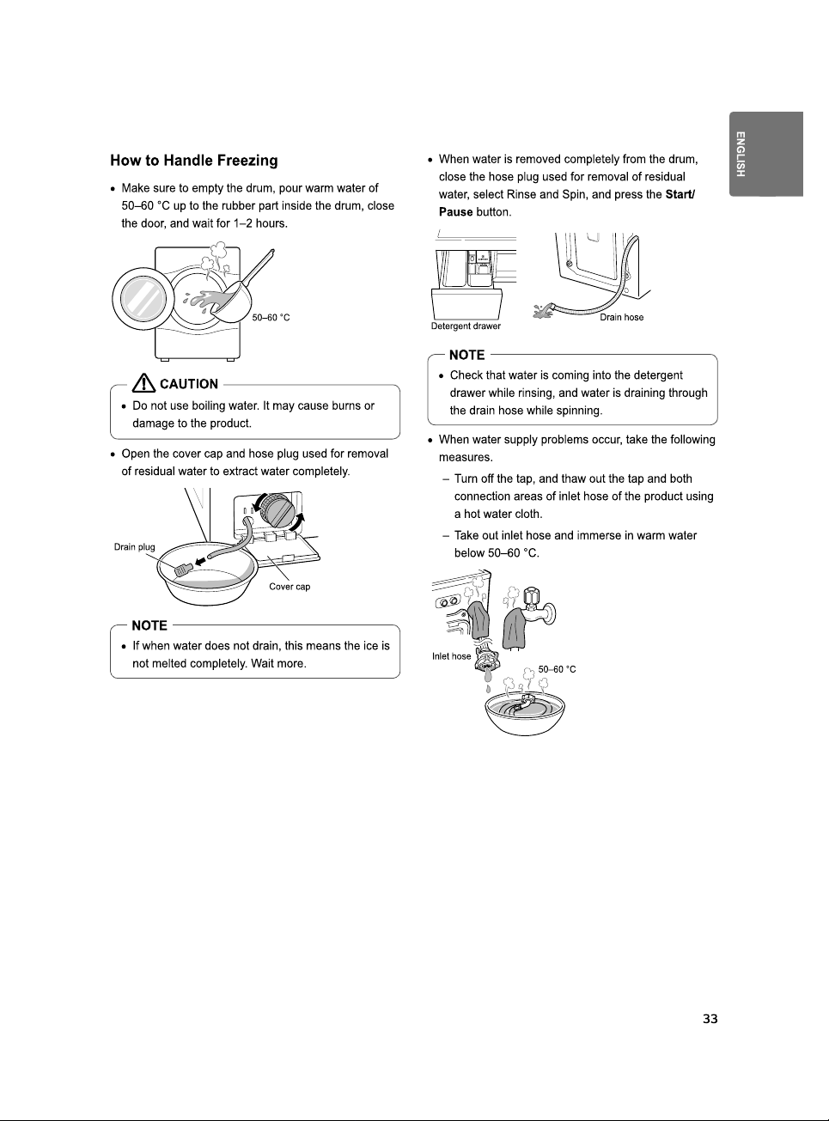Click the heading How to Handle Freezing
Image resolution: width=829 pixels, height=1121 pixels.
194,161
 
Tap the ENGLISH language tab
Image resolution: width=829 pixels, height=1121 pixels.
765,154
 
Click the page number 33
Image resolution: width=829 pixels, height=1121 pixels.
710,1019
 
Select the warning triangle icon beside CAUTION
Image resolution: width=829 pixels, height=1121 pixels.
144,384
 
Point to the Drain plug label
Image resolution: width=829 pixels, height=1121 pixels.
135,547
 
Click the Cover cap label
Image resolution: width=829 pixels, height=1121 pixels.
290,587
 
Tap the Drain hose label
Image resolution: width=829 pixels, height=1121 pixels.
622,317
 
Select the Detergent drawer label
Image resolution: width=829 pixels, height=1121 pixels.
466,326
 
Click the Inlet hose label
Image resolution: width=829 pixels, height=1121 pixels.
451,656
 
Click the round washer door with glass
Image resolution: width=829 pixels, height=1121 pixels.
143,299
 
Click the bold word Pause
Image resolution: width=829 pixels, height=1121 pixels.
456,212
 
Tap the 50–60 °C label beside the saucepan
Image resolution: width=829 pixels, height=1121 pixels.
271,317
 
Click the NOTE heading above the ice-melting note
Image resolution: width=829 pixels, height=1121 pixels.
149,625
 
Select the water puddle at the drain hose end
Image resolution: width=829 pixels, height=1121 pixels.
545,311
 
